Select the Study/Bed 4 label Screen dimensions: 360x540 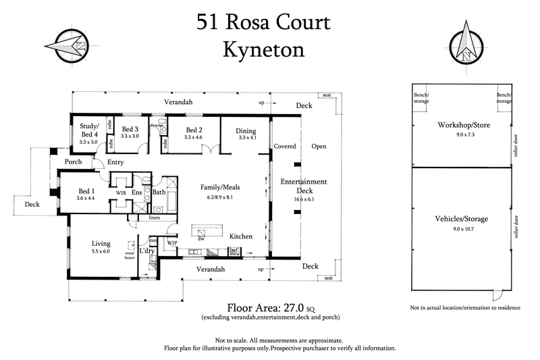(88, 130)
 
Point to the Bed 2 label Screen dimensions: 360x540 (193, 130)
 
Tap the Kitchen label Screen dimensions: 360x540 (240, 236)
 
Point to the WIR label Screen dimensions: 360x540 (122, 192)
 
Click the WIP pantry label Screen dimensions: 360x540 (171, 242)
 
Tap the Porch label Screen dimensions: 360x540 (73, 162)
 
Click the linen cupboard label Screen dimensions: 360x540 (153, 217)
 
